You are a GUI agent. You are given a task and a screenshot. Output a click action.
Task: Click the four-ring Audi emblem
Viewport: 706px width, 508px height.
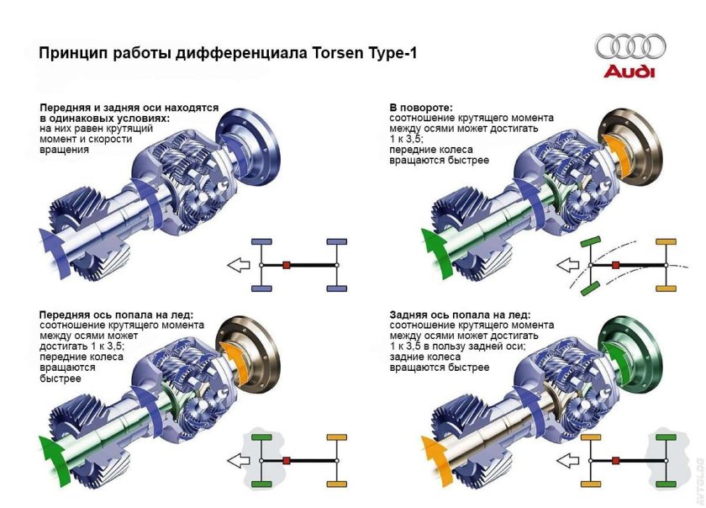pos(630,46)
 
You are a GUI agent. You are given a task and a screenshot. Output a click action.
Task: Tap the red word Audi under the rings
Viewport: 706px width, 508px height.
pos(629,71)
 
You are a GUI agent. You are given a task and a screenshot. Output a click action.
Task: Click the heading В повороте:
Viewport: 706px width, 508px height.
pos(421,108)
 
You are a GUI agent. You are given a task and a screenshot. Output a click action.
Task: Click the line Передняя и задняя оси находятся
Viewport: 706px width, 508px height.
pos(129,108)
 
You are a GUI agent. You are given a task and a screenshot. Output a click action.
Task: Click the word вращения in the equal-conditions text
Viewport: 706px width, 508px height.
pos(64,150)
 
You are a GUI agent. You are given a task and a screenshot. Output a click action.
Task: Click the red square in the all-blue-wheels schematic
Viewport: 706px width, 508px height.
pos(287,265)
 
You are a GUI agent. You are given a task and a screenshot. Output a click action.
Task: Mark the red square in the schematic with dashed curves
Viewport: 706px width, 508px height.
pos(616,265)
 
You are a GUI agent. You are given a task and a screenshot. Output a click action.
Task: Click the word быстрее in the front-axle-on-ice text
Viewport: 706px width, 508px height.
pos(61,378)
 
